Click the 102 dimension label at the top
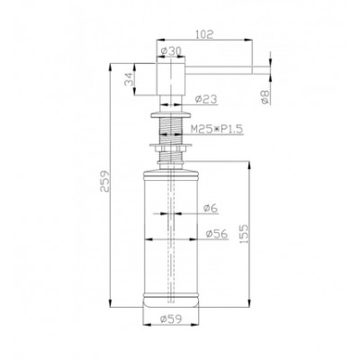204,34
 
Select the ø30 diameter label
171,51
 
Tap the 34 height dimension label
130,79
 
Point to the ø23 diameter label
206,99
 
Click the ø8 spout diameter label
265,97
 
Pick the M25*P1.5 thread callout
217,130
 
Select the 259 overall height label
105,181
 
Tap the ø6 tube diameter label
211,208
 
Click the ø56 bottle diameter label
217,233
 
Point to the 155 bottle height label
244,233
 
